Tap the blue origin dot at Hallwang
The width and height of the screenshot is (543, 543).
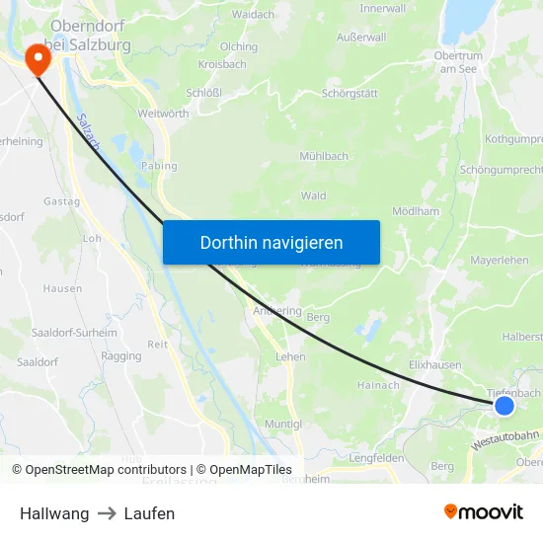pyautogui.click(x=504, y=406)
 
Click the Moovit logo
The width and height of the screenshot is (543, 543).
pyautogui.click(x=484, y=512)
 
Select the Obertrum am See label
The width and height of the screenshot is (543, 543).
pyautogui.click(x=458, y=61)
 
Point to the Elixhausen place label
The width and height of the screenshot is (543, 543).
pyautogui.click(x=435, y=364)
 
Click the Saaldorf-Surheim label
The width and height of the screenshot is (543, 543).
pyautogui.click(x=74, y=334)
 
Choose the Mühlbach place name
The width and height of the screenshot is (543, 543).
pyautogui.click(x=324, y=156)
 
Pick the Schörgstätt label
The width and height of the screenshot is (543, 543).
pyautogui.click(x=349, y=94)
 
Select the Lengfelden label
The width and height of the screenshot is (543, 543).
pyautogui.click(x=376, y=458)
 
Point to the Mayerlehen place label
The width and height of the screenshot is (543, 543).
pyautogui.click(x=500, y=261)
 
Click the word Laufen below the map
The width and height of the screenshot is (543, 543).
pyautogui.click(x=149, y=513)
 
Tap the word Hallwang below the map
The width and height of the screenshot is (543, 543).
pyautogui.click(x=54, y=513)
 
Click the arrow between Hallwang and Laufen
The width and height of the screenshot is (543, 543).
pyautogui.click(x=107, y=513)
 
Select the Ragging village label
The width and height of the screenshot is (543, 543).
pyautogui.click(x=121, y=355)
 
